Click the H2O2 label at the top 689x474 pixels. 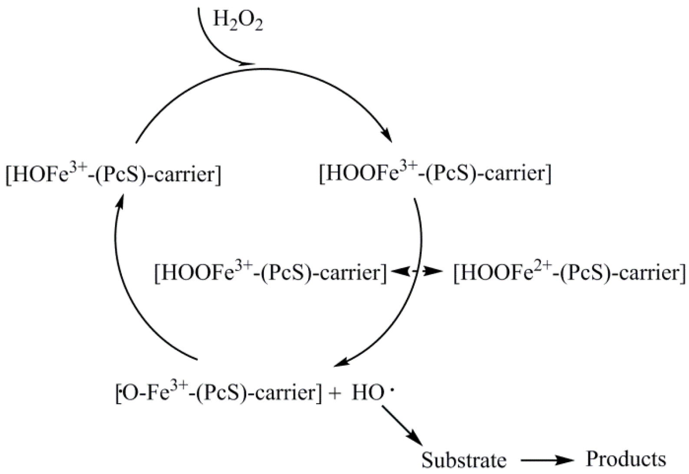click(x=237, y=21)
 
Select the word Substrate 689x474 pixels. click(x=464, y=460)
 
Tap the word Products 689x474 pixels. click(x=626, y=459)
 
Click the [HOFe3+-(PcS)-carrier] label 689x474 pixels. click(x=113, y=174)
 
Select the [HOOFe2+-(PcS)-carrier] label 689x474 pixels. click(x=569, y=273)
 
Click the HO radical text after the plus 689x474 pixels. click(x=368, y=393)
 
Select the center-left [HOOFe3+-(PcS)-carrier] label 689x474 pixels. click(x=270, y=273)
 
